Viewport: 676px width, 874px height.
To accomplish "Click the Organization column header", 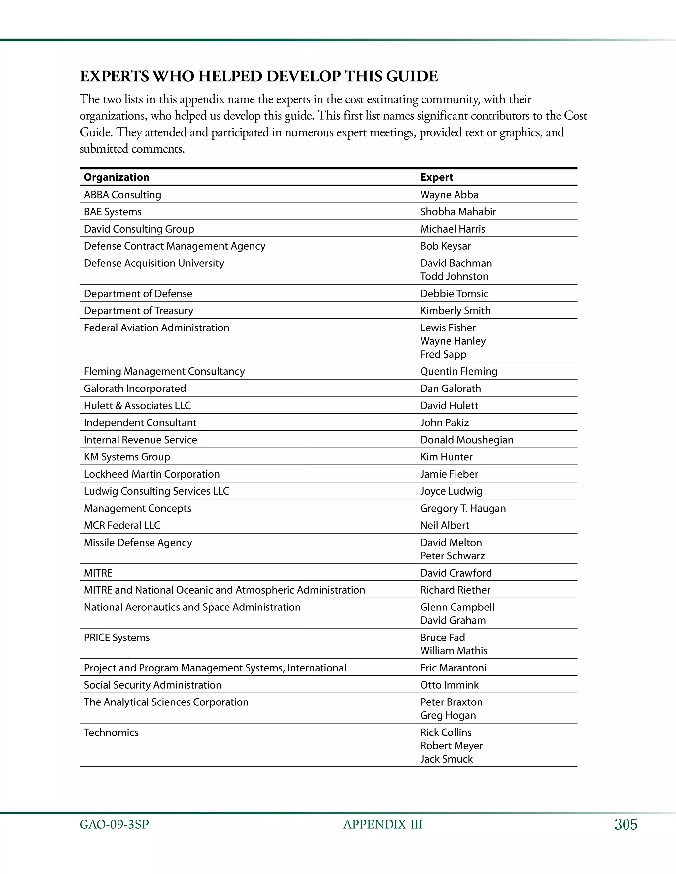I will click(117, 177).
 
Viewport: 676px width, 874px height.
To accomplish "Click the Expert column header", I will click(436, 177).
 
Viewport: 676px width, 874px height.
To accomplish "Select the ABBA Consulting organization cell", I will click(122, 195).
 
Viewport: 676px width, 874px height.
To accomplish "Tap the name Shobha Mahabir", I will click(458, 212).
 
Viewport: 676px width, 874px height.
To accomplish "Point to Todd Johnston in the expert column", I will click(454, 276).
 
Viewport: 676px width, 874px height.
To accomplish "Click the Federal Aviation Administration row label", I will click(156, 328).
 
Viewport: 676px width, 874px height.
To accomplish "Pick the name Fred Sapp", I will click(443, 354).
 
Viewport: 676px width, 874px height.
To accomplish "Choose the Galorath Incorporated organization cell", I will click(135, 389).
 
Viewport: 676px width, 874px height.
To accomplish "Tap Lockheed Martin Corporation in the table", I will click(152, 474).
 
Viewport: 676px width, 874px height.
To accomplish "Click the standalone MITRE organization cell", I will click(98, 573).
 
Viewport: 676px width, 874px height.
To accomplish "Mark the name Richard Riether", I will click(455, 590).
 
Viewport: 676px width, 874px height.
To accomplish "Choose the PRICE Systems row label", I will click(117, 638).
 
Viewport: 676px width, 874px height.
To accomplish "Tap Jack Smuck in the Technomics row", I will click(446, 759).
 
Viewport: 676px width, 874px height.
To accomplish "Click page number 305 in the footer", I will click(625, 825).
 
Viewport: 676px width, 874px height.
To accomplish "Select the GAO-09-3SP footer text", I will click(114, 825).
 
